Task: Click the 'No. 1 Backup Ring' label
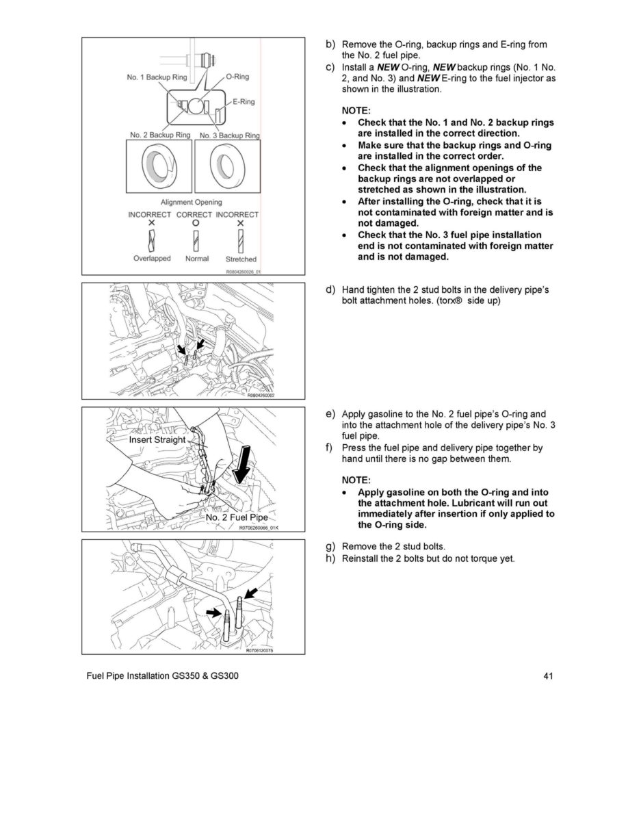coord(157,77)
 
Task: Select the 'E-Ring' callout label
coord(244,102)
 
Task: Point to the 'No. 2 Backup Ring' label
coord(159,135)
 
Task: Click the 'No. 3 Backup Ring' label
coord(229,135)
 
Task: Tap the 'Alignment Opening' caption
coord(191,202)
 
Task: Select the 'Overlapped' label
coord(152,259)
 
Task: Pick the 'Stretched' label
coord(241,259)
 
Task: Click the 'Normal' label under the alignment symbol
coord(197,259)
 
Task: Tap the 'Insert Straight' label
coord(157,440)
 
